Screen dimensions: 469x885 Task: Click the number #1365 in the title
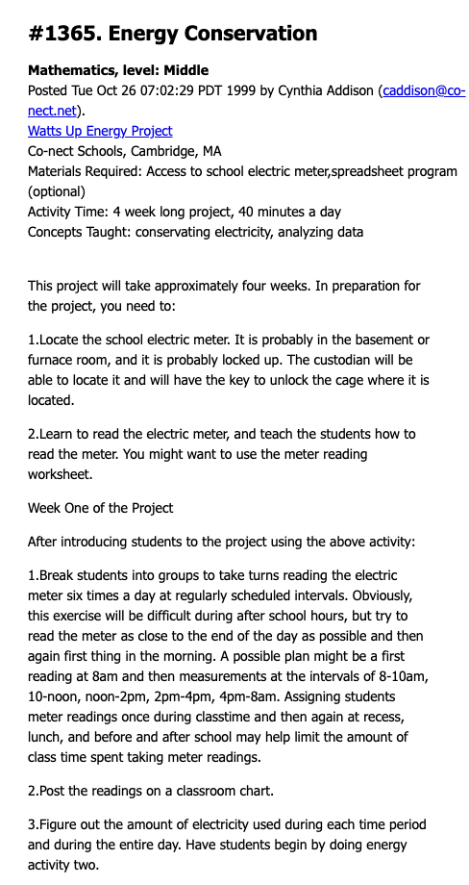point(64,35)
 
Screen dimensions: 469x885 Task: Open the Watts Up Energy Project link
point(100,131)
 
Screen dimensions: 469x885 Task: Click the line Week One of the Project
point(100,508)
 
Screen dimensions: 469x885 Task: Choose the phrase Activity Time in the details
point(67,212)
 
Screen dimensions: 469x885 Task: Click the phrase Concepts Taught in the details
point(78,232)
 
